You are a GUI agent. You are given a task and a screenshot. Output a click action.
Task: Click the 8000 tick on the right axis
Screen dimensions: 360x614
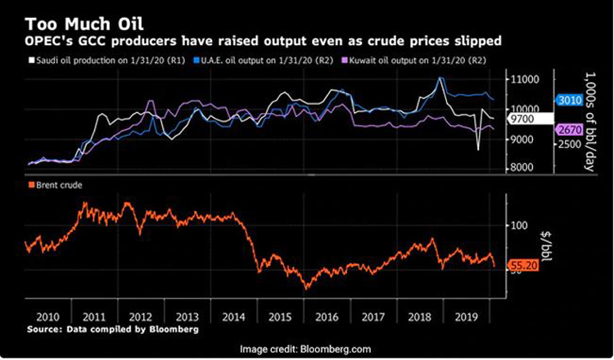pos(524,168)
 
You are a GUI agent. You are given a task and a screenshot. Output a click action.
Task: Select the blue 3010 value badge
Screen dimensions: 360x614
pos(568,101)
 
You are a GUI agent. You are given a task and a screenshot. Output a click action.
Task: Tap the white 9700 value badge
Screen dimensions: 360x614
pos(523,119)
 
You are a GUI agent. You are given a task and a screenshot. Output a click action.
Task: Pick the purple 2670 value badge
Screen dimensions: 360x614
pos(568,130)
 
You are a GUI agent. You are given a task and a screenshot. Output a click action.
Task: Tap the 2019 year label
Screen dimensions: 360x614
pos(467,316)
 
